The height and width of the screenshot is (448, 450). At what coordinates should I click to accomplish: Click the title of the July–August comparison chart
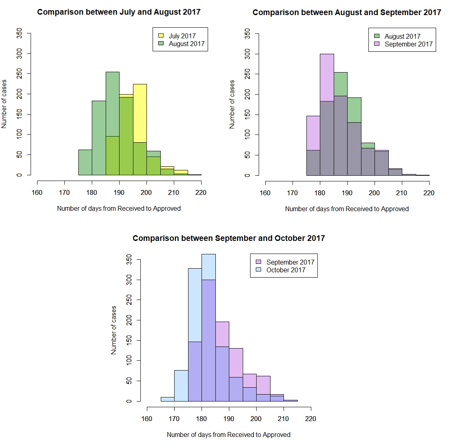119,12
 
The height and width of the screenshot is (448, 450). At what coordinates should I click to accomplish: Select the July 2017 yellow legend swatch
161,36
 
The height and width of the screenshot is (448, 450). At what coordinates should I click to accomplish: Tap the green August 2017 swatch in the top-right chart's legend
377,36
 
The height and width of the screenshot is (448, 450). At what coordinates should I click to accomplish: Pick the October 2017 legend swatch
258,270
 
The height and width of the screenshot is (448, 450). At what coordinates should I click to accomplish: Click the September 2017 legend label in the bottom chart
290,262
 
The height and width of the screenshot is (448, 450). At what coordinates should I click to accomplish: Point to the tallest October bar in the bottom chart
208,267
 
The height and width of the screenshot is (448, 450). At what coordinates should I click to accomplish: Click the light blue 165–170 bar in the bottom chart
168,399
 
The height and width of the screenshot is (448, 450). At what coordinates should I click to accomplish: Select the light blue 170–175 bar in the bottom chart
181,385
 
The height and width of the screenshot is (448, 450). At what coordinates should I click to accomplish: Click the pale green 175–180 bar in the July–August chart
85,162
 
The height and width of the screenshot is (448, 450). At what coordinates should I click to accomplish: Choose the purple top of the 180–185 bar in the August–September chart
327,77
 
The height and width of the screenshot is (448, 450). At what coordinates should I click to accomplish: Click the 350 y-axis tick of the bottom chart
129,260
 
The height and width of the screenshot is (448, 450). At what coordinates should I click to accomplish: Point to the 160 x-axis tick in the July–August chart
37,192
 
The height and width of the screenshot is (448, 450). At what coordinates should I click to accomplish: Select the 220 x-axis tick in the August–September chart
429,193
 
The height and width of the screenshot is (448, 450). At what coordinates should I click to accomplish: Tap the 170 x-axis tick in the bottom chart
174,419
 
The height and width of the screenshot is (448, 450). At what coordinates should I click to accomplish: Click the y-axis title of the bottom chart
114,330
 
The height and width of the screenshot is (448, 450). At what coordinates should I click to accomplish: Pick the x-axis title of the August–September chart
347,209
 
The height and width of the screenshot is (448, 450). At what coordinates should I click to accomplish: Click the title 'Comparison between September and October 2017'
228,238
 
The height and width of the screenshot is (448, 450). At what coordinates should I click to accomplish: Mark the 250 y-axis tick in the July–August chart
19,74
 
